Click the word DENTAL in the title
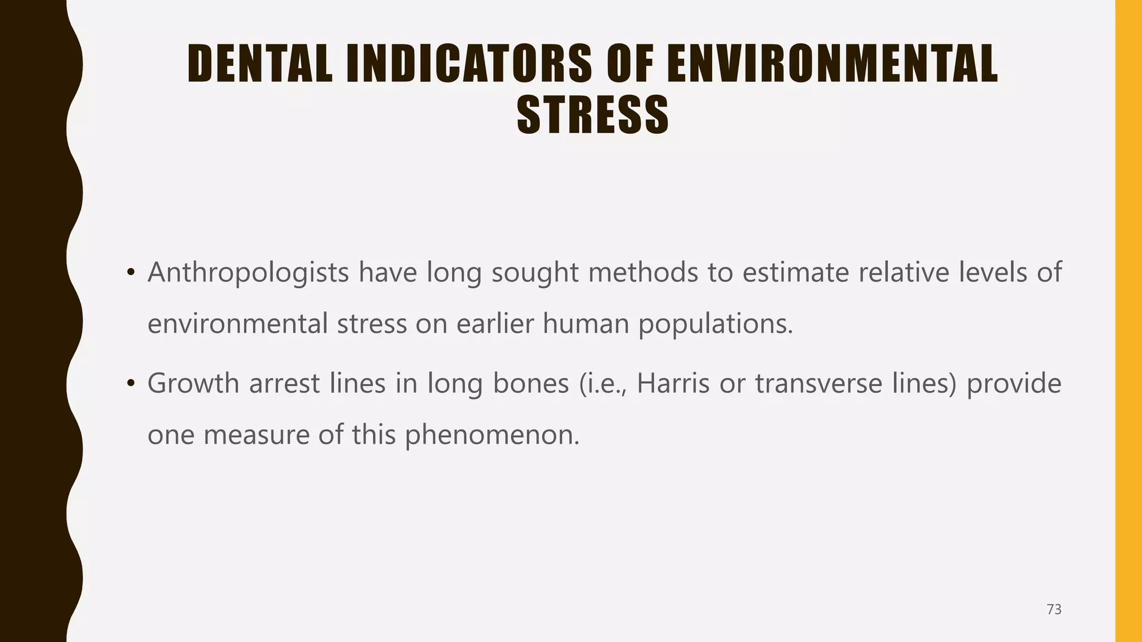[x=260, y=64]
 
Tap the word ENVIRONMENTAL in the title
[x=832, y=64]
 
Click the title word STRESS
[x=593, y=115]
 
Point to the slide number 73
[x=1054, y=610]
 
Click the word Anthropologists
[x=248, y=273]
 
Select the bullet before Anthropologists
[x=130, y=273]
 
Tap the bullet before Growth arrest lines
[x=130, y=384]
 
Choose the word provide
[x=1014, y=384]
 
